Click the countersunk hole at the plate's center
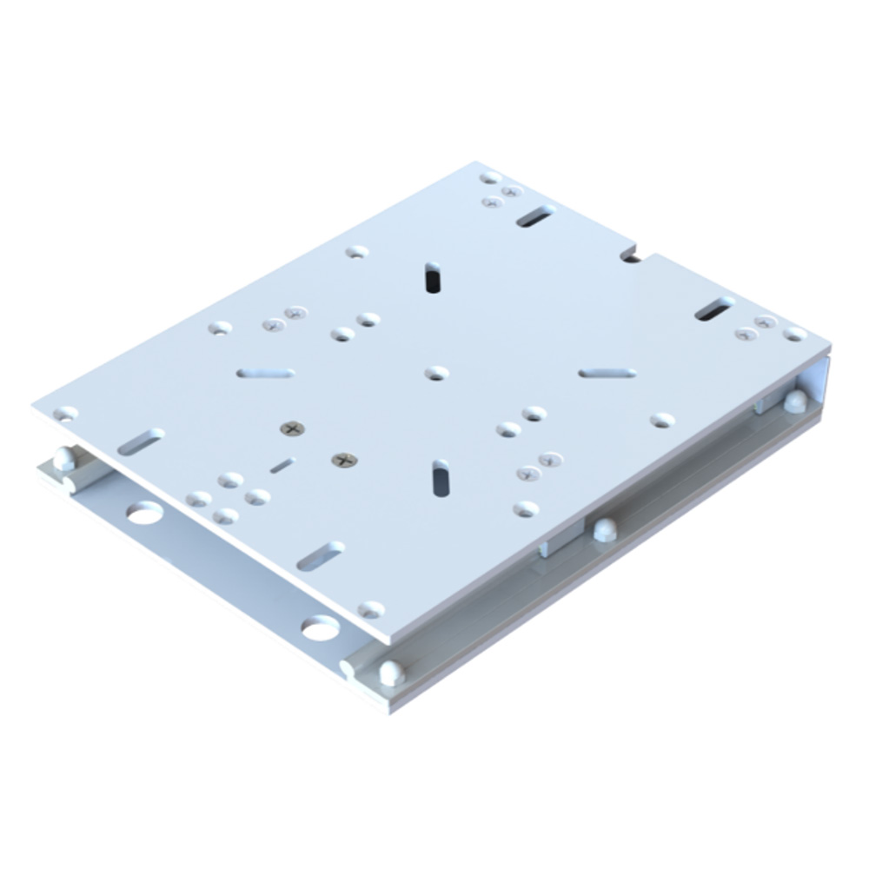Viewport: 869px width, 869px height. point(436,373)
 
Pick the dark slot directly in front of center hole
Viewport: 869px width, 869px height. point(441,477)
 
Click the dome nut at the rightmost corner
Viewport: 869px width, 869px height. point(793,401)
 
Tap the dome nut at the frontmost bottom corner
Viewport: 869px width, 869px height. point(391,672)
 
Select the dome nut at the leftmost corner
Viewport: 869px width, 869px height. point(63,458)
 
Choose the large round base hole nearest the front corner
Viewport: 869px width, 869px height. point(320,627)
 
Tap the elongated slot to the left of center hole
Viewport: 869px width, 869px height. point(266,373)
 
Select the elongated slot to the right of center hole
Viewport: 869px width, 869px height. point(607,373)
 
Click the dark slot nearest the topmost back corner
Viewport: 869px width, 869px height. point(534,216)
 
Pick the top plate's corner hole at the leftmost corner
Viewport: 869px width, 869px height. point(65,414)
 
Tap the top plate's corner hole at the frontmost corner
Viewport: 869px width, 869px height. point(371,609)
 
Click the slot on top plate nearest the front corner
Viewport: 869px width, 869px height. point(321,555)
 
